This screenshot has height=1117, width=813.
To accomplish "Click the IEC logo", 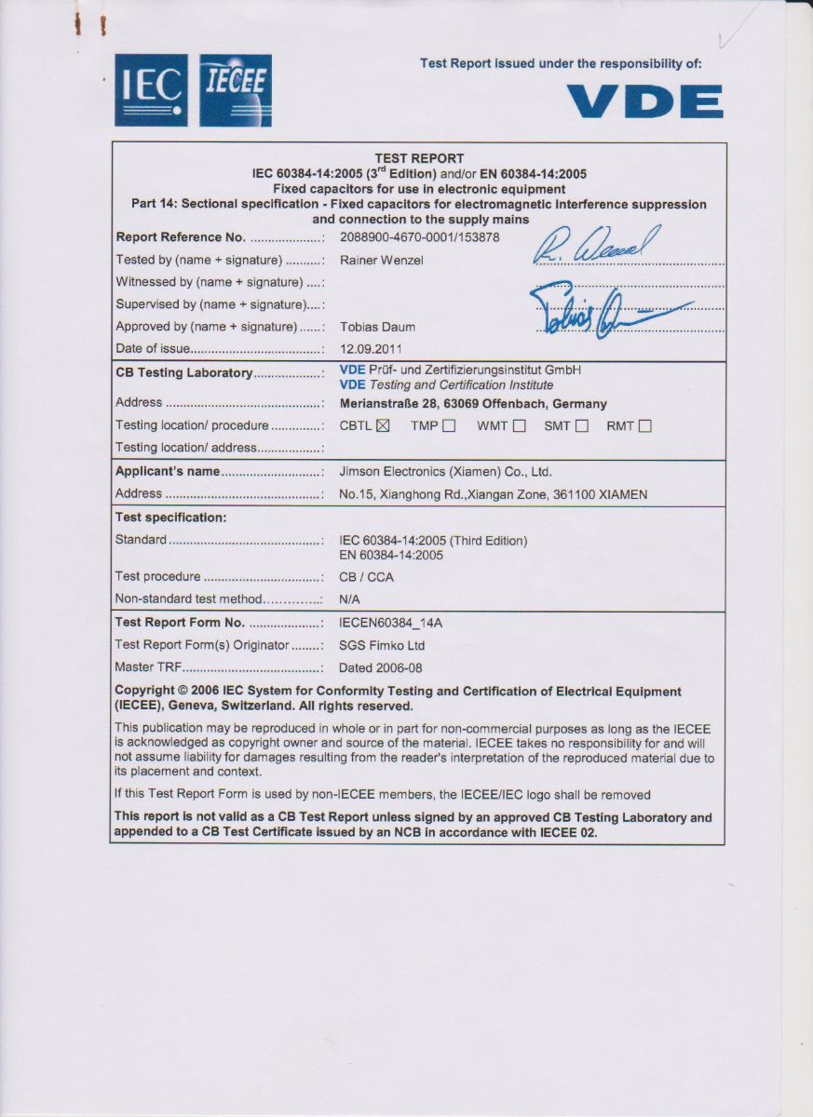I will click(x=151, y=89).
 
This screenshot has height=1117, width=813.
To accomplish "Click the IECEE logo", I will click(x=236, y=89).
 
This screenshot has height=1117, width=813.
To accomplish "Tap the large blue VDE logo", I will click(x=644, y=101).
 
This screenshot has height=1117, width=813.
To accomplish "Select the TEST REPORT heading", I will click(x=419, y=158).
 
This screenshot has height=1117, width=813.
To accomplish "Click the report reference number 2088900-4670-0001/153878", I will click(x=419, y=237).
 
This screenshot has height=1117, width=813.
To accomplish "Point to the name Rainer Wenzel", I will click(x=382, y=261).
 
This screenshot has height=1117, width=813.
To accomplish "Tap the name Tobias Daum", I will click(x=377, y=327).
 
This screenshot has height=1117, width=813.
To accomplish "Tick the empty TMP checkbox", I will click(x=449, y=426).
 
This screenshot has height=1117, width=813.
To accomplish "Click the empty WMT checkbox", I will click(x=519, y=426).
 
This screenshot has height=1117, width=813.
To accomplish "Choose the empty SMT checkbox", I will click(x=582, y=426).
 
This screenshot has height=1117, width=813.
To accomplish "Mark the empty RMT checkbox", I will click(x=644, y=426).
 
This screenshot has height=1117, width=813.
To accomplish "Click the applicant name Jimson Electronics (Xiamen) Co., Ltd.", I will click(x=445, y=472).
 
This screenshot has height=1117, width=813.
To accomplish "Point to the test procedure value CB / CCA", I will click(x=366, y=577).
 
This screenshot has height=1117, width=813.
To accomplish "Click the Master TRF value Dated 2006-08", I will click(x=380, y=667).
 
